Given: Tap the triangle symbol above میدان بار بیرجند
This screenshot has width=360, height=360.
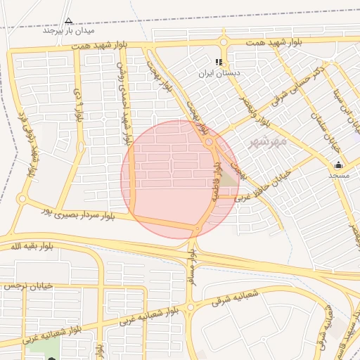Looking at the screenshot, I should (68, 21).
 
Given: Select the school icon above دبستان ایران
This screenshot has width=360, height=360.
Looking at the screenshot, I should (219, 63).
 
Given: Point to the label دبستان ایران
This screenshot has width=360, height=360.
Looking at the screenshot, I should (219, 72).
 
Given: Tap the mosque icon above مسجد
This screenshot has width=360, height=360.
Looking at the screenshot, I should (338, 165).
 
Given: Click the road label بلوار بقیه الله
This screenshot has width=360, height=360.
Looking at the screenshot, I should (32, 246).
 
